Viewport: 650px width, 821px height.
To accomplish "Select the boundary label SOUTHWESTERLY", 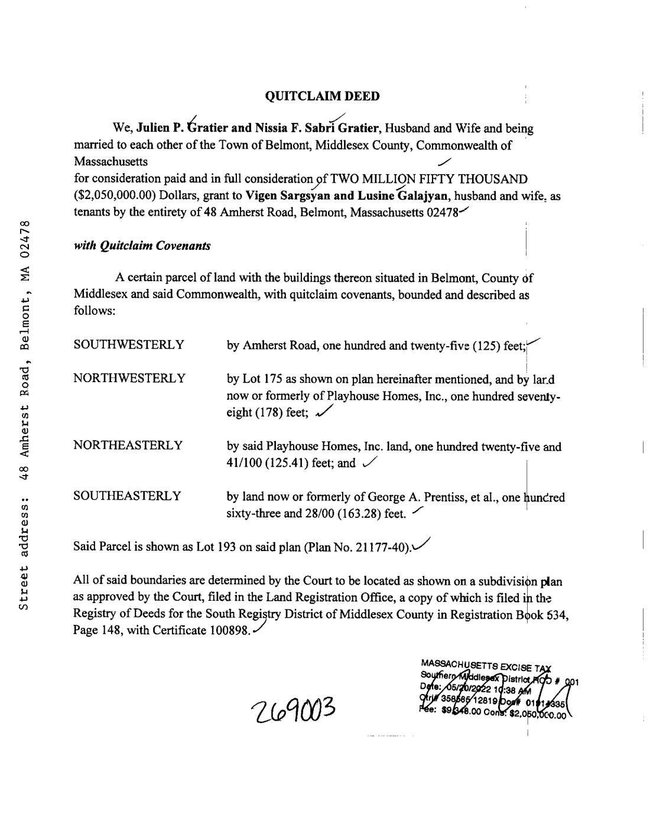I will (129, 345).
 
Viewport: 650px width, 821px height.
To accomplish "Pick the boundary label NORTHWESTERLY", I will (129, 379).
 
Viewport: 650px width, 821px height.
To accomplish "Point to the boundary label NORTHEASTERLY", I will (128, 445).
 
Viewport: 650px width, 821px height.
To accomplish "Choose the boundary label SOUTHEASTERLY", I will (127, 496).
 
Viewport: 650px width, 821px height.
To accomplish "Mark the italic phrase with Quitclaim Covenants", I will (142, 246).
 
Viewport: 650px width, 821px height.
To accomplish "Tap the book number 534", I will (557, 615).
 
